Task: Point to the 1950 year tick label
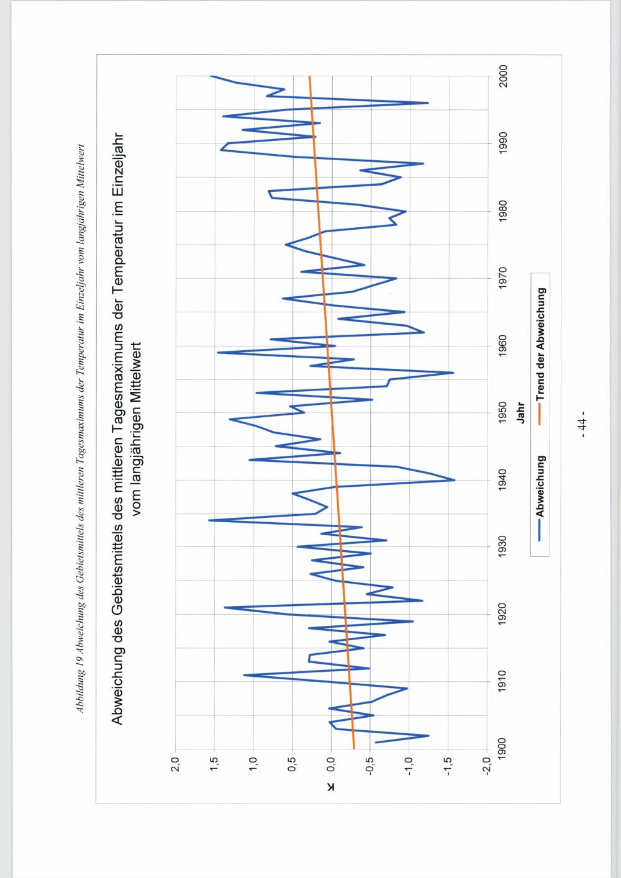point(502,412)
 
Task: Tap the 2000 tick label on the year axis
point(502,76)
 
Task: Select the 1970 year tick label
point(502,278)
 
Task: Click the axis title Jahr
point(522,412)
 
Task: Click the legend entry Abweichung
point(540,487)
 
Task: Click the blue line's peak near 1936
point(209,520)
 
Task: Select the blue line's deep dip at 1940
point(455,480)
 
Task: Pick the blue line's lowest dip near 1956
point(453,373)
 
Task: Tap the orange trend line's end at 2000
point(309,77)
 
